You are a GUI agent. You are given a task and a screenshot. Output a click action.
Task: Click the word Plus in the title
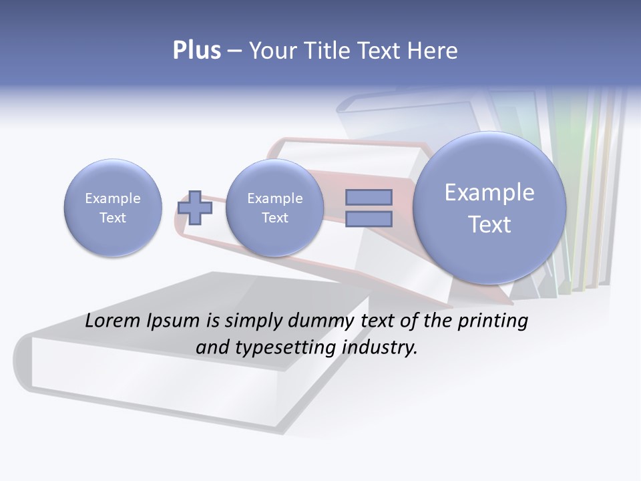pyautogui.click(x=196, y=51)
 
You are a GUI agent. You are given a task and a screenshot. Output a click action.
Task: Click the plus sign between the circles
pyautogui.click(x=195, y=208)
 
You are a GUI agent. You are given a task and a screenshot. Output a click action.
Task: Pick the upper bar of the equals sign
pyautogui.click(x=369, y=197)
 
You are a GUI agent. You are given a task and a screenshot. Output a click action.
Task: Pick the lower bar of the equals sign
pyautogui.click(x=369, y=218)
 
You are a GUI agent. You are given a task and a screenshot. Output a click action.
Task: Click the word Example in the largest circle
pyautogui.click(x=489, y=192)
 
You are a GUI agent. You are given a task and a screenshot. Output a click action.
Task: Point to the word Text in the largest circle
pyautogui.click(x=489, y=224)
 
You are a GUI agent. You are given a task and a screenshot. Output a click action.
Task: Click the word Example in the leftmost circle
pyautogui.click(x=113, y=198)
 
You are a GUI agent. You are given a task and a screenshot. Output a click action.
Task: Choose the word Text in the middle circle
pyautogui.click(x=274, y=218)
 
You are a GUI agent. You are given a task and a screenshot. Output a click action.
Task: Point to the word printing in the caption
pyautogui.click(x=493, y=321)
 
